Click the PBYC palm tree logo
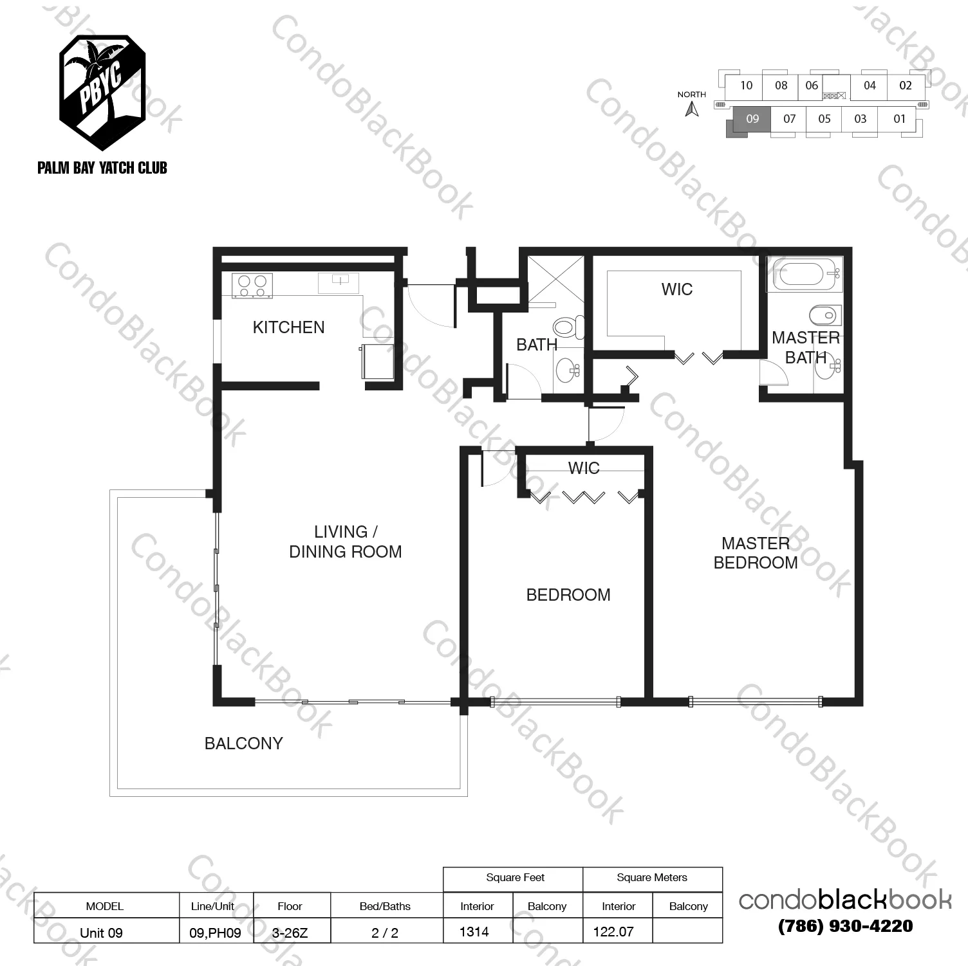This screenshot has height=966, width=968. (x=102, y=84)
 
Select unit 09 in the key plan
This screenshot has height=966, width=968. (x=752, y=118)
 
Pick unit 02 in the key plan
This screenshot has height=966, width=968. (x=906, y=86)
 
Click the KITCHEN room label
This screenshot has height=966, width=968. (x=288, y=327)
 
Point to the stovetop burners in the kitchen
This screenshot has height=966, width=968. (x=252, y=286)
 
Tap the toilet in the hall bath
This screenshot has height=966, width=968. (x=568, y=327)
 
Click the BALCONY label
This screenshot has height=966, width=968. (x=243, y=743)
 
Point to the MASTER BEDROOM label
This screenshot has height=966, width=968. (x=756, y=553)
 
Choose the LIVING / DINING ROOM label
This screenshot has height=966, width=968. (x=345, y=542)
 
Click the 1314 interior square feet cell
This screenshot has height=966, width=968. (x=475, y=931)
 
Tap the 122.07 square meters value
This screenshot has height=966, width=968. (x=613, y=931)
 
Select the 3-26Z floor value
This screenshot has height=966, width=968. (x=290, y=933)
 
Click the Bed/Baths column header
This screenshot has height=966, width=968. (x=385, y=906)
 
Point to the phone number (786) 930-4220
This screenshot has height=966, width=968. (x=845, y=926)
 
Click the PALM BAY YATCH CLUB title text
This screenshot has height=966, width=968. (x=102, y=168)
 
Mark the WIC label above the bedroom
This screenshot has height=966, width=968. (x=584, y=468)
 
